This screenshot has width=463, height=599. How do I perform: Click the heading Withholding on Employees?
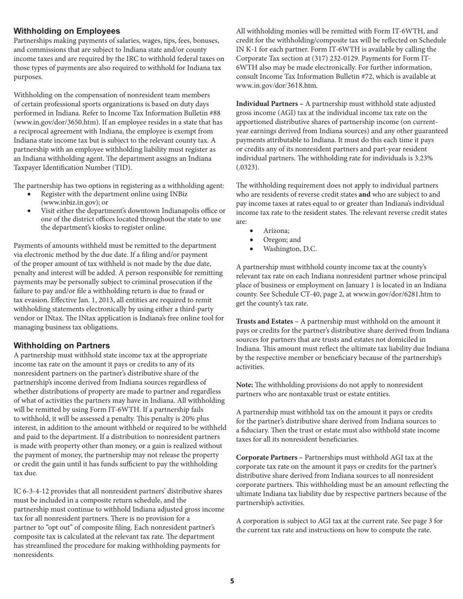[67, 31]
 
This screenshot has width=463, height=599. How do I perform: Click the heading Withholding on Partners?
[61, 345]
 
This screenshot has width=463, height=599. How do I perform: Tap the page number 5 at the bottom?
[232, 580]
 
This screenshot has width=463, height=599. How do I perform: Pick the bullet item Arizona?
[276, 231]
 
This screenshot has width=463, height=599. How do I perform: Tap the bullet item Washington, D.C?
[289, 249]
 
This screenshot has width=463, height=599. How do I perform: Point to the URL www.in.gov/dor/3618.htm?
[276, 86]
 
